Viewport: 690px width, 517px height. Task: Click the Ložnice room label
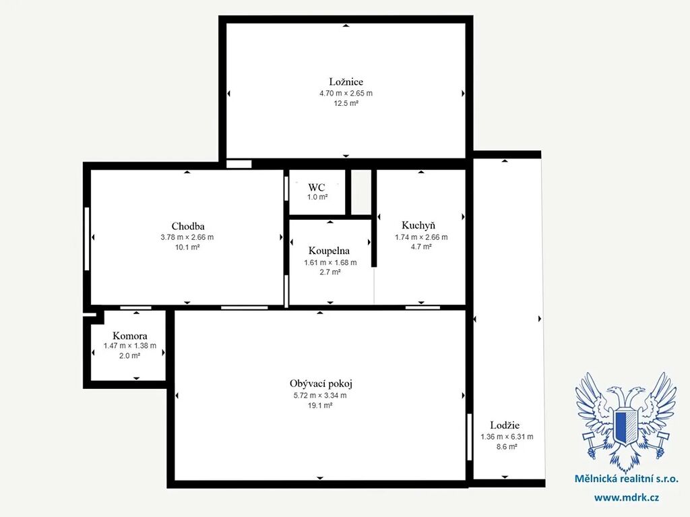pyautogui.click(x=346, y=82)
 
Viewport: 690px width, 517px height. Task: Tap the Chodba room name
pyautogui.click(x=188, y=226)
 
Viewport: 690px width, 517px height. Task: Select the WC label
pyautogui.click(x=317, y=187)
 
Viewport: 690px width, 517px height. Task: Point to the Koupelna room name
pyautogui.click(x=329, y=251)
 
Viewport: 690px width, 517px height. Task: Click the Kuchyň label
pyautogui.click(x=418, y=226)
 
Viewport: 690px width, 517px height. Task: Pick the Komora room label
pyautogui.click(x=130, y=336)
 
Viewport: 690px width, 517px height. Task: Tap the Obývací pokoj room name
pyautogui.click(x=321, y=384)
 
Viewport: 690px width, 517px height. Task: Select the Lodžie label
pyautogui.click(x=505, y=425)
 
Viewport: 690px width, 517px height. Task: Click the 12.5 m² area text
pyautogui.click(x=346, y=104)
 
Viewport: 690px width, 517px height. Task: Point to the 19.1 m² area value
pyautogui.click(x=320, y=406)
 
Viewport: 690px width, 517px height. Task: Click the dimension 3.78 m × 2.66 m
pyautogui.click(x=187, y=237)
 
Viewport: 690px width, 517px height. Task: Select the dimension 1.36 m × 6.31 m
pyautogui.click(x=507, y=437)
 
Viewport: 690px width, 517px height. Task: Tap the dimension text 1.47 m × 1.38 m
pyautogui.click(x=130, y=346)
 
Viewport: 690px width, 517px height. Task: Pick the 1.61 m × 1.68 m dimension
pyautogui.click(x=330, y=262)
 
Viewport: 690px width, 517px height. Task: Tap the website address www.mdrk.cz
pyautogui.click(x=627, y=498)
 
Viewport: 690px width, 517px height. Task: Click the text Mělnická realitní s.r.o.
pyautogui.click(x=627, y=479)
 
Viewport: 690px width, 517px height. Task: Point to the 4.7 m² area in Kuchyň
pyautogui.click(x=421, y=247)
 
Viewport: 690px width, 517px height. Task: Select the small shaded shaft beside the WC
pyautogui.click(x=361, y=192)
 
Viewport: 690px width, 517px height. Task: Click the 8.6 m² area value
pyautogui.click(x=507, y=447)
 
